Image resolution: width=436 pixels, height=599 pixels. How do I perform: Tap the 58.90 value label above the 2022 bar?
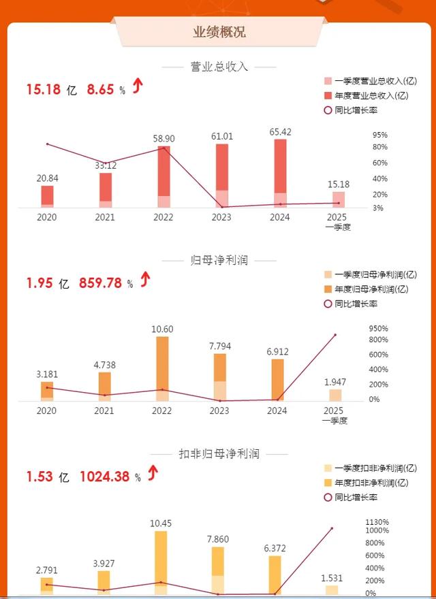coord(163,139)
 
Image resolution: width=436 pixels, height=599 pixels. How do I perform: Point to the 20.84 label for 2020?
coord(47,178)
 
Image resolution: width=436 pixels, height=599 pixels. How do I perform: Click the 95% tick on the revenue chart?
coord(380,135)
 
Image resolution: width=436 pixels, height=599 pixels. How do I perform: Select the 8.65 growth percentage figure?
coord(100,88)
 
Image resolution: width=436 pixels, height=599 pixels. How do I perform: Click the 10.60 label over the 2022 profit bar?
coord(162,329)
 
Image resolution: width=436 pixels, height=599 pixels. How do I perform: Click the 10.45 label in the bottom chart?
coord(161,523)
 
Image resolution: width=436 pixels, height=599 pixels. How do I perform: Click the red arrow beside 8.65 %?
coord(138,86)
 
